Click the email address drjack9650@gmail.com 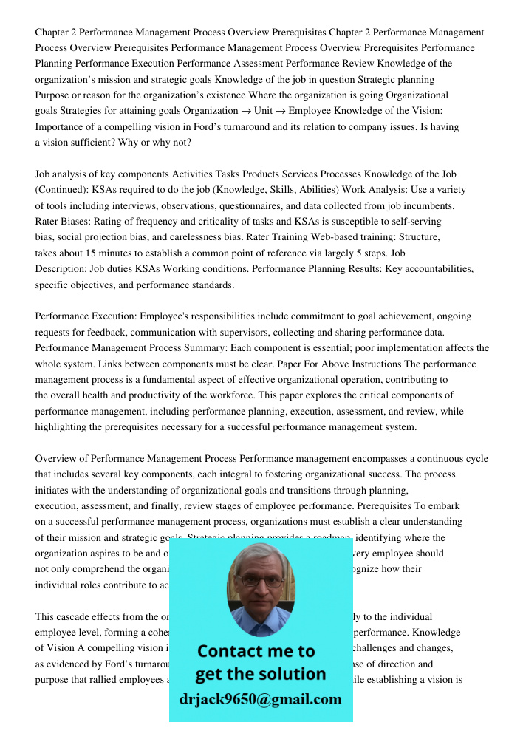click(260, 698)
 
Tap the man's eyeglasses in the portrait click(260, 580)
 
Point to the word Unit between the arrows click(264, 111)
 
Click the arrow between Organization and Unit click(241, 111)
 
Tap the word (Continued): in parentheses click(62, 190)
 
